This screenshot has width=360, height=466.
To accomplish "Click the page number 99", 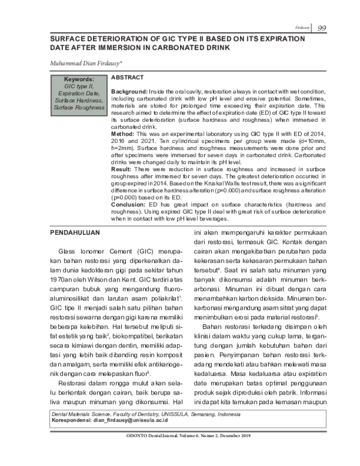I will pyautogui.click(x=322, y=28).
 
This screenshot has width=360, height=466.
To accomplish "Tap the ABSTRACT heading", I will pyautogui.click(x=127, y=77).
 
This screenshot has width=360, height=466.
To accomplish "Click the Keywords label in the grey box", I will pyautogui.click(x=79, y=79).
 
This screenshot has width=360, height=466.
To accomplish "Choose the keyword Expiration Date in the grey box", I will pyautogui.click(x=79, y=93).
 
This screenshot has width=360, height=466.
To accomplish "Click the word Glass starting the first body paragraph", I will pyautogui.click(x=67, y=249).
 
